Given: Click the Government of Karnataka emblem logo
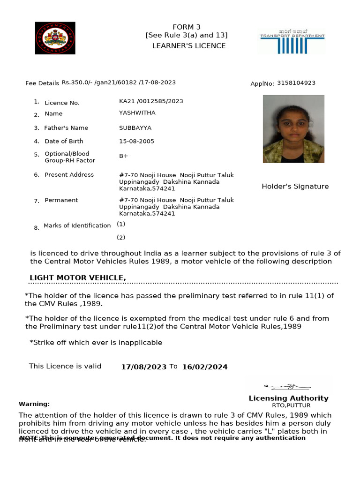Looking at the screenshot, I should coord(55,38).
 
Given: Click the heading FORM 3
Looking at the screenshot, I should coord(186,27).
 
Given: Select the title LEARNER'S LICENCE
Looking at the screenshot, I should coord(189,46).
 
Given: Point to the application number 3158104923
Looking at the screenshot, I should coord(296,83).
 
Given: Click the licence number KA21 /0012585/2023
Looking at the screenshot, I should coord(151,101).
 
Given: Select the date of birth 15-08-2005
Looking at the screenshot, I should coord(136,141).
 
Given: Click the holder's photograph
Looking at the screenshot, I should coord(293,129).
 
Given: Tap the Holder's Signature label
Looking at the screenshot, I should coord(295,187).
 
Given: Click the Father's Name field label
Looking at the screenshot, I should coord(66,128).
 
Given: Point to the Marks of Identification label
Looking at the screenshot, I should coord(77,225).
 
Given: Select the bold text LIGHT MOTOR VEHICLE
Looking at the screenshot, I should coord(78,278).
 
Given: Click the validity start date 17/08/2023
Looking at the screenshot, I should coord(143,367).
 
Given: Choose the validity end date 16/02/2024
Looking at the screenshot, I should coord(205,367).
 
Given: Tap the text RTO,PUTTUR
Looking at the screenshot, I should coord(291,405).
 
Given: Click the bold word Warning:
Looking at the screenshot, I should coord(34,404).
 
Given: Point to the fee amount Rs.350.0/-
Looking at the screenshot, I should coord(76,82).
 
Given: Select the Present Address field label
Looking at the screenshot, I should coord(69,175).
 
